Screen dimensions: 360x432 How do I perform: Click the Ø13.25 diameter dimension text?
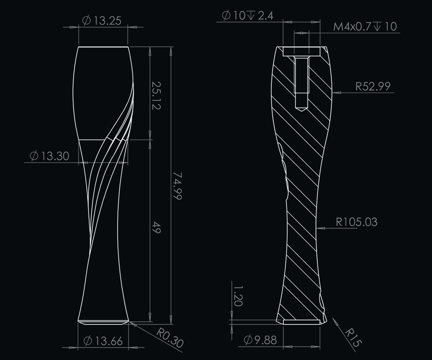click(102, 21)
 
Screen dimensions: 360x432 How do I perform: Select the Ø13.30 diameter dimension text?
click(49, 156)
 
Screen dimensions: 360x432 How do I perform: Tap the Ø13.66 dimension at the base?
click(103, 341)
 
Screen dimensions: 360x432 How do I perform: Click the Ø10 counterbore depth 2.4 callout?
click(248, 15)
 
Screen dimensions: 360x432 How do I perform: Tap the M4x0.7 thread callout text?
click(365, 27)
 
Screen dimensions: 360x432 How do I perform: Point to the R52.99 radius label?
click(373, 86)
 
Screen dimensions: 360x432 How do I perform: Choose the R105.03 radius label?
click(356, 222)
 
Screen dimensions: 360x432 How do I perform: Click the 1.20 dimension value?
click(238, 296)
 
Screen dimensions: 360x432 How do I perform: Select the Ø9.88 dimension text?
click(260, 340)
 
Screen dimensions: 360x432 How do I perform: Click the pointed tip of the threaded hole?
click(301, 109)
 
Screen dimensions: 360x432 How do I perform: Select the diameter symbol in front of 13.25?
click(86, 21)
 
